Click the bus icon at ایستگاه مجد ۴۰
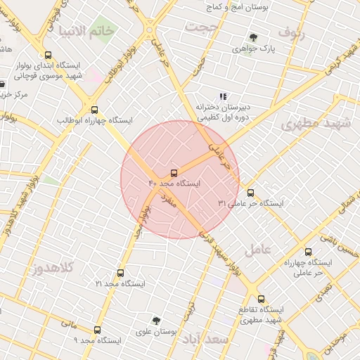tap(174, 172)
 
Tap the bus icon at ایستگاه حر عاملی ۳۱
tap(250, 192)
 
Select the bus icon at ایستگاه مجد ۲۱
tap(120, 273)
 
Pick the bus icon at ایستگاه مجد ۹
tap(97, 329)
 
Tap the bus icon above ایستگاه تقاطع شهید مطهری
tap(261, 299)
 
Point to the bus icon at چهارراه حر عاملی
tap(308, 251)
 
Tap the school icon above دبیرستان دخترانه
tap(223, 96)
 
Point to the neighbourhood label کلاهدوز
tap(54, 268)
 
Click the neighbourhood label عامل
tap(257, 249)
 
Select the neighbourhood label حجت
tap(202, 27)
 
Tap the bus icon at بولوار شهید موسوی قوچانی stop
tap(48, 55)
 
